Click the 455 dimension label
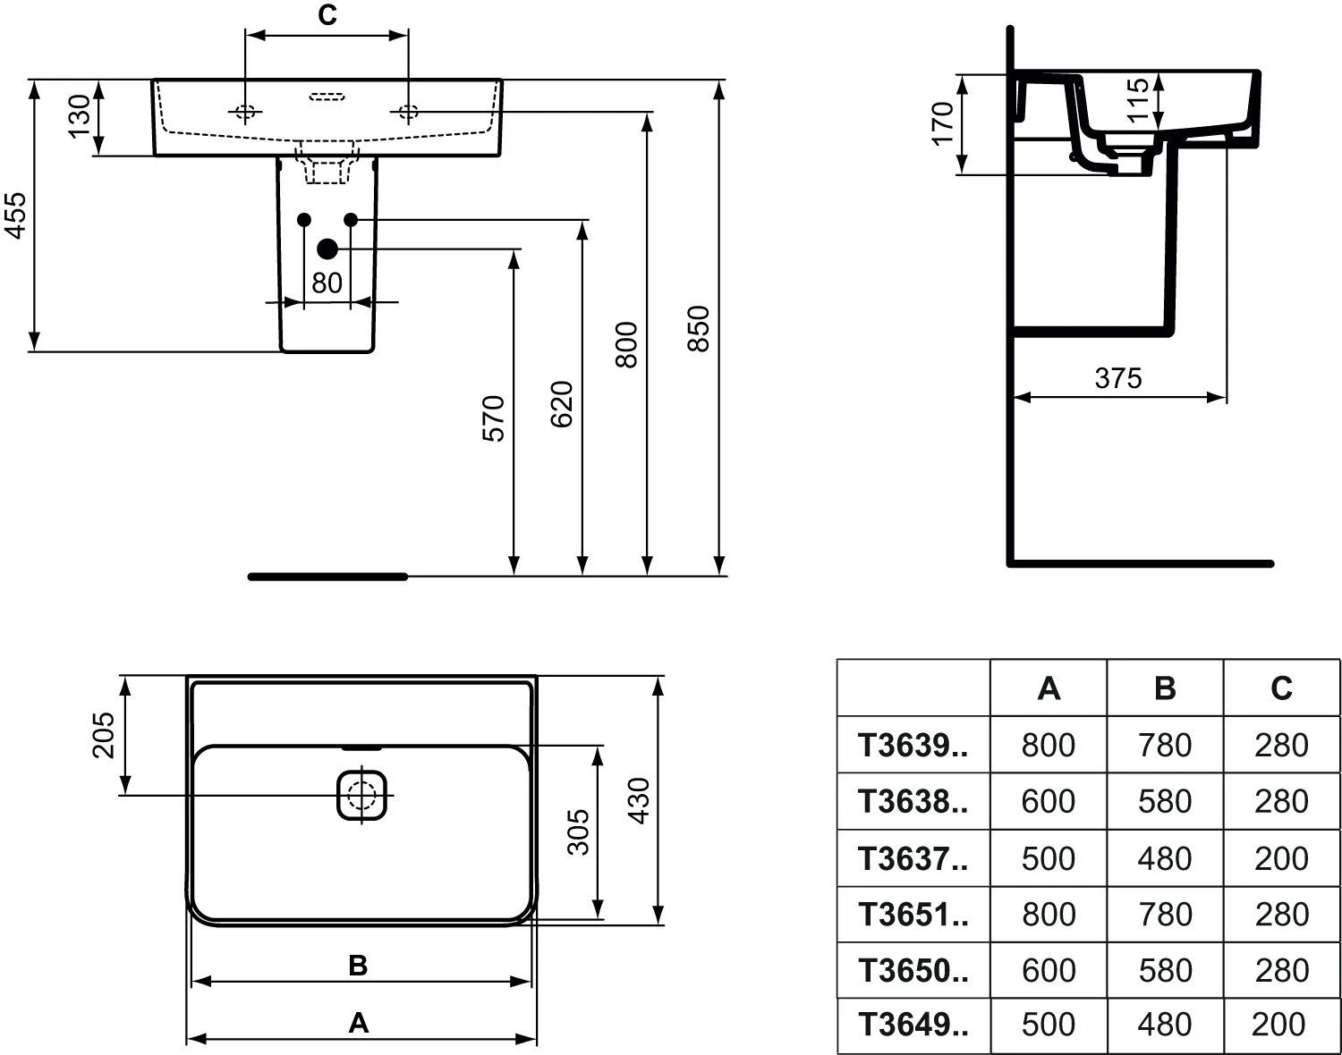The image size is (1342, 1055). pos(16,215)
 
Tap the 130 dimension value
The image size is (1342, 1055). pos(80,116)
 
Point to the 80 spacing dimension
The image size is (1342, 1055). pos(327,283)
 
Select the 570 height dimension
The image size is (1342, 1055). pos(493,418)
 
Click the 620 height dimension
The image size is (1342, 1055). pos(562,404)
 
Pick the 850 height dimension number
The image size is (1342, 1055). pos(699,329)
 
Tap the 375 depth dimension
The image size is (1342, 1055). pos(1118,378)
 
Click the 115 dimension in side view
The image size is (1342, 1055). pos(1138,101)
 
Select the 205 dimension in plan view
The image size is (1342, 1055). pos(104,735)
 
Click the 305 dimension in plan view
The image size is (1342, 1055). pos(578,832)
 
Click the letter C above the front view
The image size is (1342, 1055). pos(327,15)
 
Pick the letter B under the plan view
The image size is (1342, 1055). pos(358,966)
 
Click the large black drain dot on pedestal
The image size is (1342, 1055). pos(327,249)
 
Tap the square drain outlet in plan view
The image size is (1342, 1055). pos(361,796)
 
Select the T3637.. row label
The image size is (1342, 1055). pos(913,858)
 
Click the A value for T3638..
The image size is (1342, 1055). pos(1049,801)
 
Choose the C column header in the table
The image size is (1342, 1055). pos(1281,688)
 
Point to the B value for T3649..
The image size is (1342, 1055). pos(1165,1025)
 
